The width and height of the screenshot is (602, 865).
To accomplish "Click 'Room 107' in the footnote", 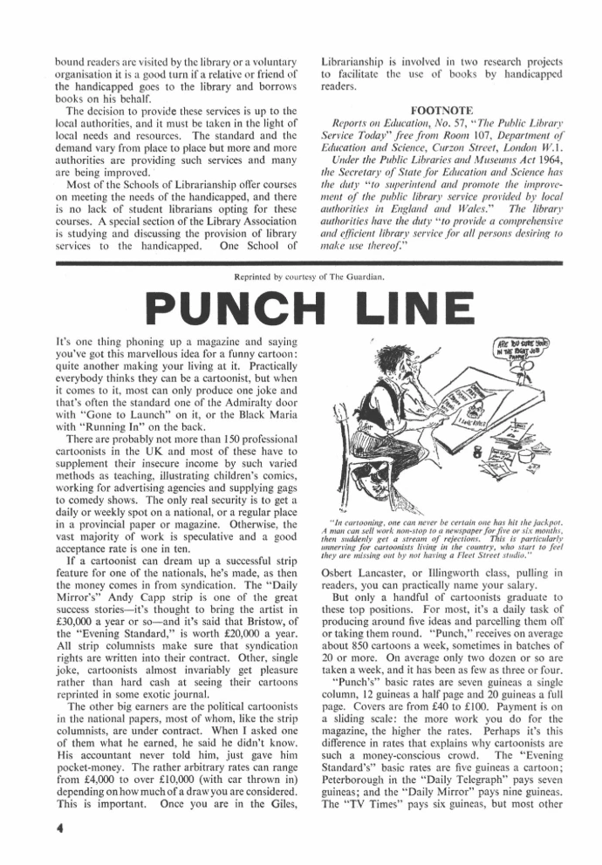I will coord(486,153).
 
